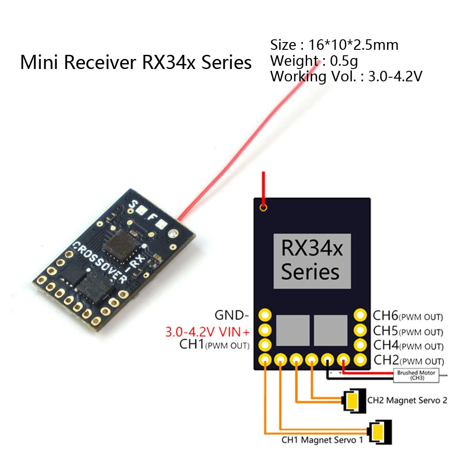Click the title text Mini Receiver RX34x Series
click(x=136, y=63)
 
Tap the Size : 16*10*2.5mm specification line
click(x=334, y=45)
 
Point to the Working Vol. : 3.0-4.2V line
click(x=345, y=76)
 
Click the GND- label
click(x=232, y=315)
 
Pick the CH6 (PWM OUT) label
click(x=408, y=316)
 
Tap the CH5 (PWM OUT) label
click(x=408, y=330)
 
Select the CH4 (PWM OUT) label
click(x=408, y=345)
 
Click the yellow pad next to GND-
click(x=265, y=315)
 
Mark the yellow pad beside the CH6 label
click(x=361, y=315)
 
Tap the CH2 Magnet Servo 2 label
click(x=407, y=400)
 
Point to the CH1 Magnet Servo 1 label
click(x=322, y=441)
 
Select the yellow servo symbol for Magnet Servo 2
click(x=352, y=400)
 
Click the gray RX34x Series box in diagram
click(x=312, y=261)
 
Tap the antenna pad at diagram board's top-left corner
click(x=263, y=208)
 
